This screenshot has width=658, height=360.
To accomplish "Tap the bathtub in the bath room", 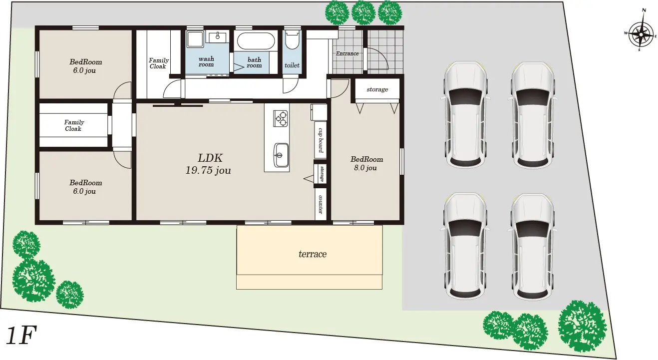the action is pyautogui.click(x=256, y=41).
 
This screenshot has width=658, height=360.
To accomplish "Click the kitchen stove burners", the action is pyautogui.click(x=281, y=118).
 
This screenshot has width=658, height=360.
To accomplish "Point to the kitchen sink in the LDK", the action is pyautogui.click(x=281, y=155).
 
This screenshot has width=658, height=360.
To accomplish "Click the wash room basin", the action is pyautogui.click(x=218, y=37).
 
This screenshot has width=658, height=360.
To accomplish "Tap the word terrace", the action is pyautogui.click(x=313, y=254).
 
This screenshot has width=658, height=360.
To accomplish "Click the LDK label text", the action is pyautogui.click(x=210, y=158).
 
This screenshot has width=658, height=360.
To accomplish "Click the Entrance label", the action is pyautogui.click(x=347, y=53).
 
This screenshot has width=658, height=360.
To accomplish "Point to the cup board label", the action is pyautogui.click(x=321, y=140).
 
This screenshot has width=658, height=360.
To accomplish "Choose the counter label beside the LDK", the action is pyautogui.click(x=321, y=204).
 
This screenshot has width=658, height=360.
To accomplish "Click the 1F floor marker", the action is pyautogui.click(x=21, y=335).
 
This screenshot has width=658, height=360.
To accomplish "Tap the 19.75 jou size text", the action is pyautogui.click(x=208, y=170).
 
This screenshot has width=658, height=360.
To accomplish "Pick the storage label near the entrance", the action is pyautogui.click(x=377, y=89).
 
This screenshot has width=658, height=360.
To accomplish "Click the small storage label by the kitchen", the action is pyautogui.click(x=322, y=174).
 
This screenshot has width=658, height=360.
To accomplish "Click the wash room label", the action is pyautogui.click(x=206, y=62).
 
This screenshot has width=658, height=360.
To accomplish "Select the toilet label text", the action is pyautogui.click(x=292, y=65).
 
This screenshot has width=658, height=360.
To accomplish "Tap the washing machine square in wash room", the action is pyautogui.click(x=195, y=39).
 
